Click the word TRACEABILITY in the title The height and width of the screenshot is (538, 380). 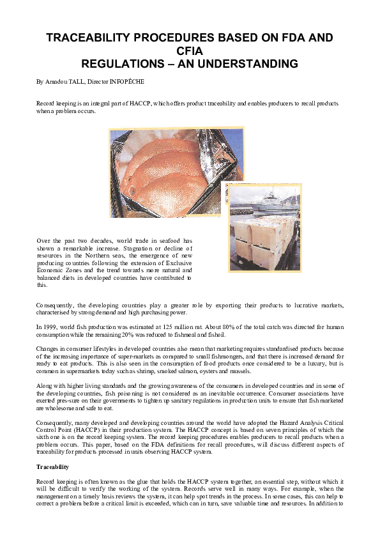click(x=96, y=38)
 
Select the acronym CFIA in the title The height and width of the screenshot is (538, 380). click(x=190, y=51)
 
